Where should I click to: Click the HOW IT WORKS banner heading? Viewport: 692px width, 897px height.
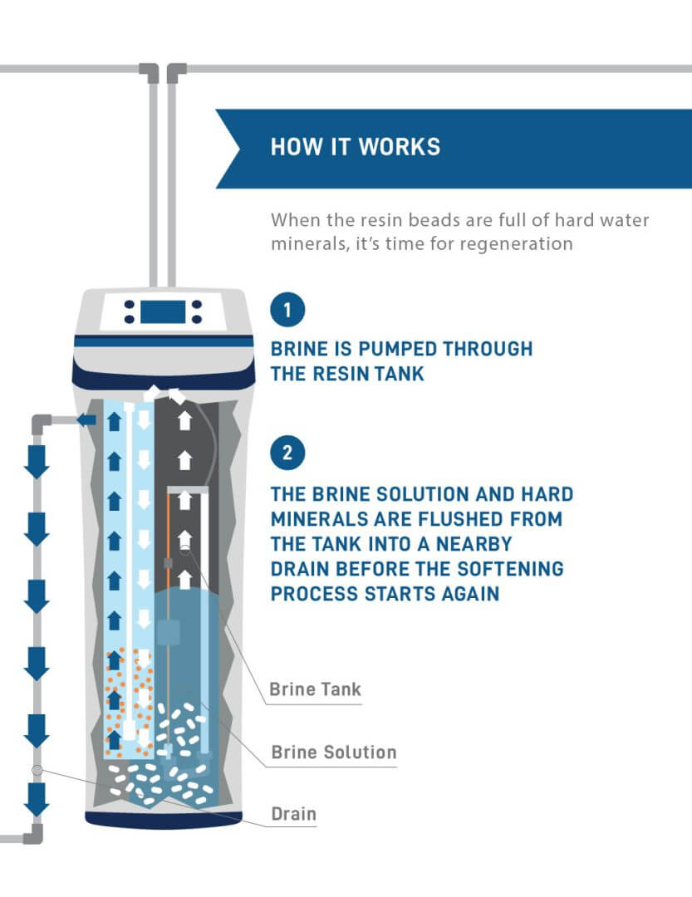pos(355,148)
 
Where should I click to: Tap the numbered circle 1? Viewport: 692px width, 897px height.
pos(287,311)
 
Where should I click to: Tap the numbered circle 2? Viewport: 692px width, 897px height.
pos(287,453)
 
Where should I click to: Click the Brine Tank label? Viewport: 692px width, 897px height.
pos(315,689)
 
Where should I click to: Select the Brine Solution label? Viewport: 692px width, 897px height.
pos(334,752)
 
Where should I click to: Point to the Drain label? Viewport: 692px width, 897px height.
pos(294,813)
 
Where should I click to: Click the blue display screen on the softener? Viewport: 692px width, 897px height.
pos(162,311)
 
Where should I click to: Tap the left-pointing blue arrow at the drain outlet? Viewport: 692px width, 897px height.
pos(85,421)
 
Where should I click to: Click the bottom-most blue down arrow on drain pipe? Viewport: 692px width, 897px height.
pos(36,800)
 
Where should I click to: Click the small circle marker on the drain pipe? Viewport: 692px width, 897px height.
pos(36,770)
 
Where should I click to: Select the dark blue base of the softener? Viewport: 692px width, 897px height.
pos(162,820)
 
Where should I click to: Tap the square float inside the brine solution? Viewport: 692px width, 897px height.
pos(169,634)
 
